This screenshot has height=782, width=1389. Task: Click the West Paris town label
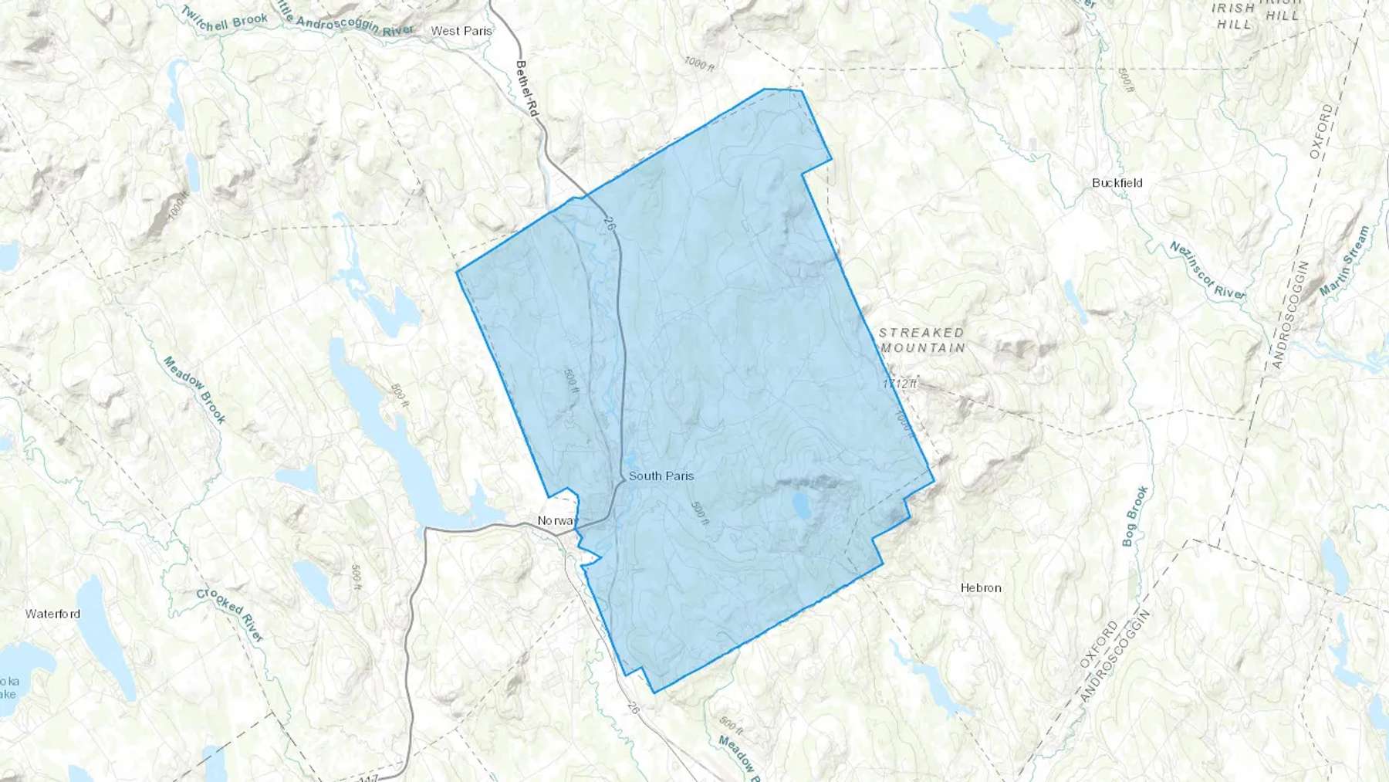[461, 31]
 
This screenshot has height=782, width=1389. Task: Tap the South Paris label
[661, 476]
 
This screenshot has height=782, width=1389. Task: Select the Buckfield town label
[1117, 183]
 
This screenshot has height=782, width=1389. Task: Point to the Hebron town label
[981, 588]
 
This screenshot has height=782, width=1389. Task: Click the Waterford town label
[52, 614]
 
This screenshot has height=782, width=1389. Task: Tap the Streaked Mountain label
[922, 340]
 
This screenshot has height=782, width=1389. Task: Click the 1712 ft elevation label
[900, 383]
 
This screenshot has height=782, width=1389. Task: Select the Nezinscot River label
[1208, 270]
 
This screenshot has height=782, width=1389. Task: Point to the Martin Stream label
[1344, 261]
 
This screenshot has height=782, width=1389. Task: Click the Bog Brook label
[1135, 516]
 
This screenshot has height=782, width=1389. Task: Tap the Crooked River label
[230, 614]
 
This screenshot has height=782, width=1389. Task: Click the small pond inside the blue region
[800, 506]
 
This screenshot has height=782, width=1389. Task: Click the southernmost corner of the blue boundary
[654, 692]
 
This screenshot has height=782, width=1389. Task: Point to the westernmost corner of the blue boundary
[457, 272]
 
